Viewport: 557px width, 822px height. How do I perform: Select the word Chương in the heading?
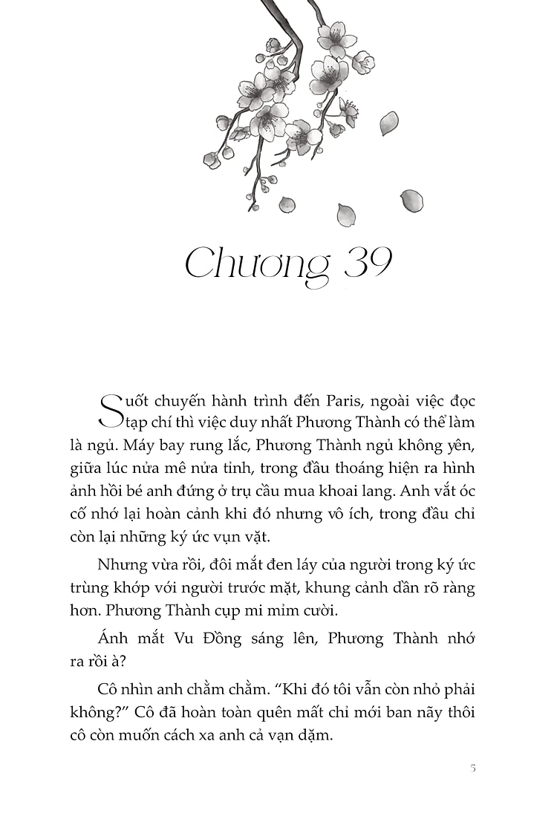256,266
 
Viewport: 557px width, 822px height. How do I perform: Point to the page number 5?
472,767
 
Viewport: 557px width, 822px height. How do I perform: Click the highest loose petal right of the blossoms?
388,123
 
